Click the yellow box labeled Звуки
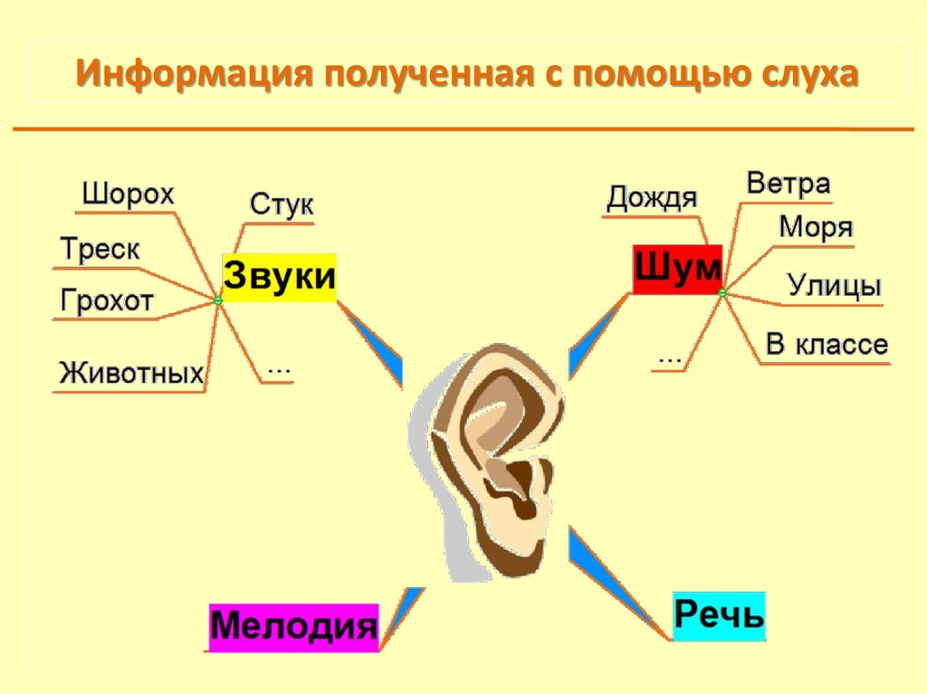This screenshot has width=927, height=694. (279, 277)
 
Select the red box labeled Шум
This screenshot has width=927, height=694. (677, 269)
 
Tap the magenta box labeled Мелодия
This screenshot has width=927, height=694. (294, 626)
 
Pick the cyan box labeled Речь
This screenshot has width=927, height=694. (720, 615)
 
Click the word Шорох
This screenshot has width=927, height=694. (128, 195)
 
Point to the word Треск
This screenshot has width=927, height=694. (100, 249)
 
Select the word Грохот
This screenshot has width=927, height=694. (107, 301)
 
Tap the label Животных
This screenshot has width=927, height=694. (131, 373)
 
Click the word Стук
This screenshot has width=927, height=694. (281, 204)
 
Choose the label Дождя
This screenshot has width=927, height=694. (652, 198)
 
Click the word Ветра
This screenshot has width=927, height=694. (788, 185)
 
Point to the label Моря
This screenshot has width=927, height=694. (816, 228)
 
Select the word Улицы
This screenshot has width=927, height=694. (834, 286)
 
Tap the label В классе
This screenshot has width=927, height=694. (827, 345)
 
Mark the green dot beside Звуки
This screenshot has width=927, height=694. (217, 300)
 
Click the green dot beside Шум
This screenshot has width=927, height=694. (722, 293)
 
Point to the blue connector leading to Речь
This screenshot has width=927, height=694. (616, 579)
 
